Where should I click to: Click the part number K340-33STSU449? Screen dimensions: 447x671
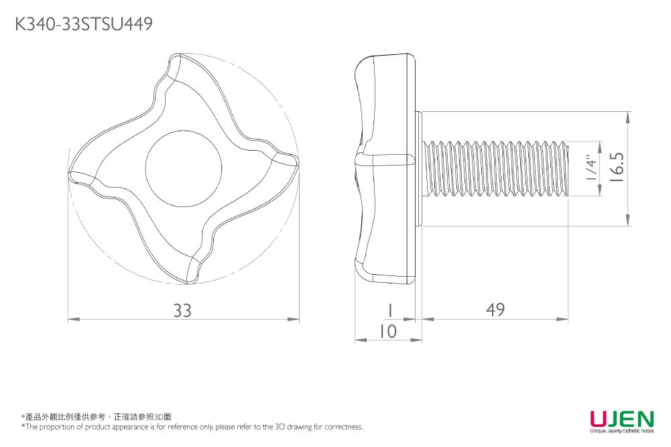pos(84,25)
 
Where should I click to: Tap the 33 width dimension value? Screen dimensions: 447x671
pos(182,310)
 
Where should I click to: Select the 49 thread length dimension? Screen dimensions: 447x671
pos(495,310)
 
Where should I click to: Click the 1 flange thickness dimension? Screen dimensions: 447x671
pos(388,310)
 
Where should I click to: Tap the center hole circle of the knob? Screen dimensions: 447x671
pos(183,164)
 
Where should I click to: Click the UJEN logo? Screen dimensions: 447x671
pos(621,419)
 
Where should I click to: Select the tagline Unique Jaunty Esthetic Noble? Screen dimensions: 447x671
pos(621,431)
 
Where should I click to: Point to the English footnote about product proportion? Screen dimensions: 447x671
pos(192,427)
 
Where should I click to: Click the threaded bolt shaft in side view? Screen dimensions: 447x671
pos(496,168)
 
